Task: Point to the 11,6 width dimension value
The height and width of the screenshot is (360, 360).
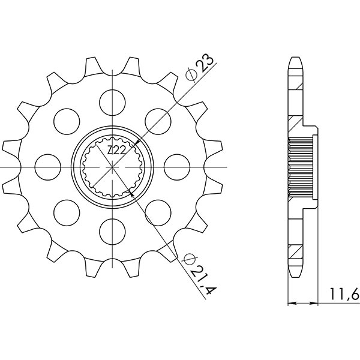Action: click(x=344, y=294)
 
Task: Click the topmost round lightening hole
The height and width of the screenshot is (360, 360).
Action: click(x=112, y=100)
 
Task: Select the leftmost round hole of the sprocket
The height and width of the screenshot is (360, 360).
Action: click(x=46, y=166)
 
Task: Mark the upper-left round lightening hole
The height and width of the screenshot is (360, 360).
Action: click(x=65, y=119)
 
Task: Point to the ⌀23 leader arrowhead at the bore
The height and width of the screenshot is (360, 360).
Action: click(x=138, y=141)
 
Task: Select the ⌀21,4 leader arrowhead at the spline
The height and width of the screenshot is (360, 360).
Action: click(x=130, y=192)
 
